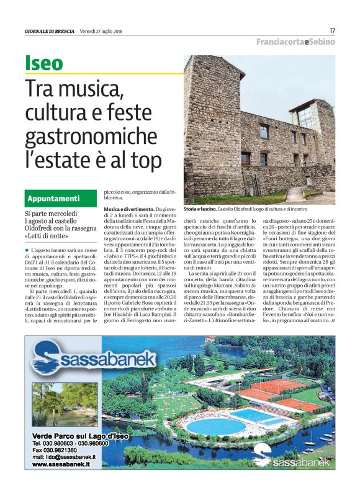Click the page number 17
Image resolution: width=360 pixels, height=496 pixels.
[332, 30]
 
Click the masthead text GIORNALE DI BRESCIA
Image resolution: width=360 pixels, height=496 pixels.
[50, 31]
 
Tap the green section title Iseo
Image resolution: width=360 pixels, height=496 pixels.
[44, 63]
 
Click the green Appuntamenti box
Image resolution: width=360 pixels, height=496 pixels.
[60, 199]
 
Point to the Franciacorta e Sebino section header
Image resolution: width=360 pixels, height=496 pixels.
[295, 42]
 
